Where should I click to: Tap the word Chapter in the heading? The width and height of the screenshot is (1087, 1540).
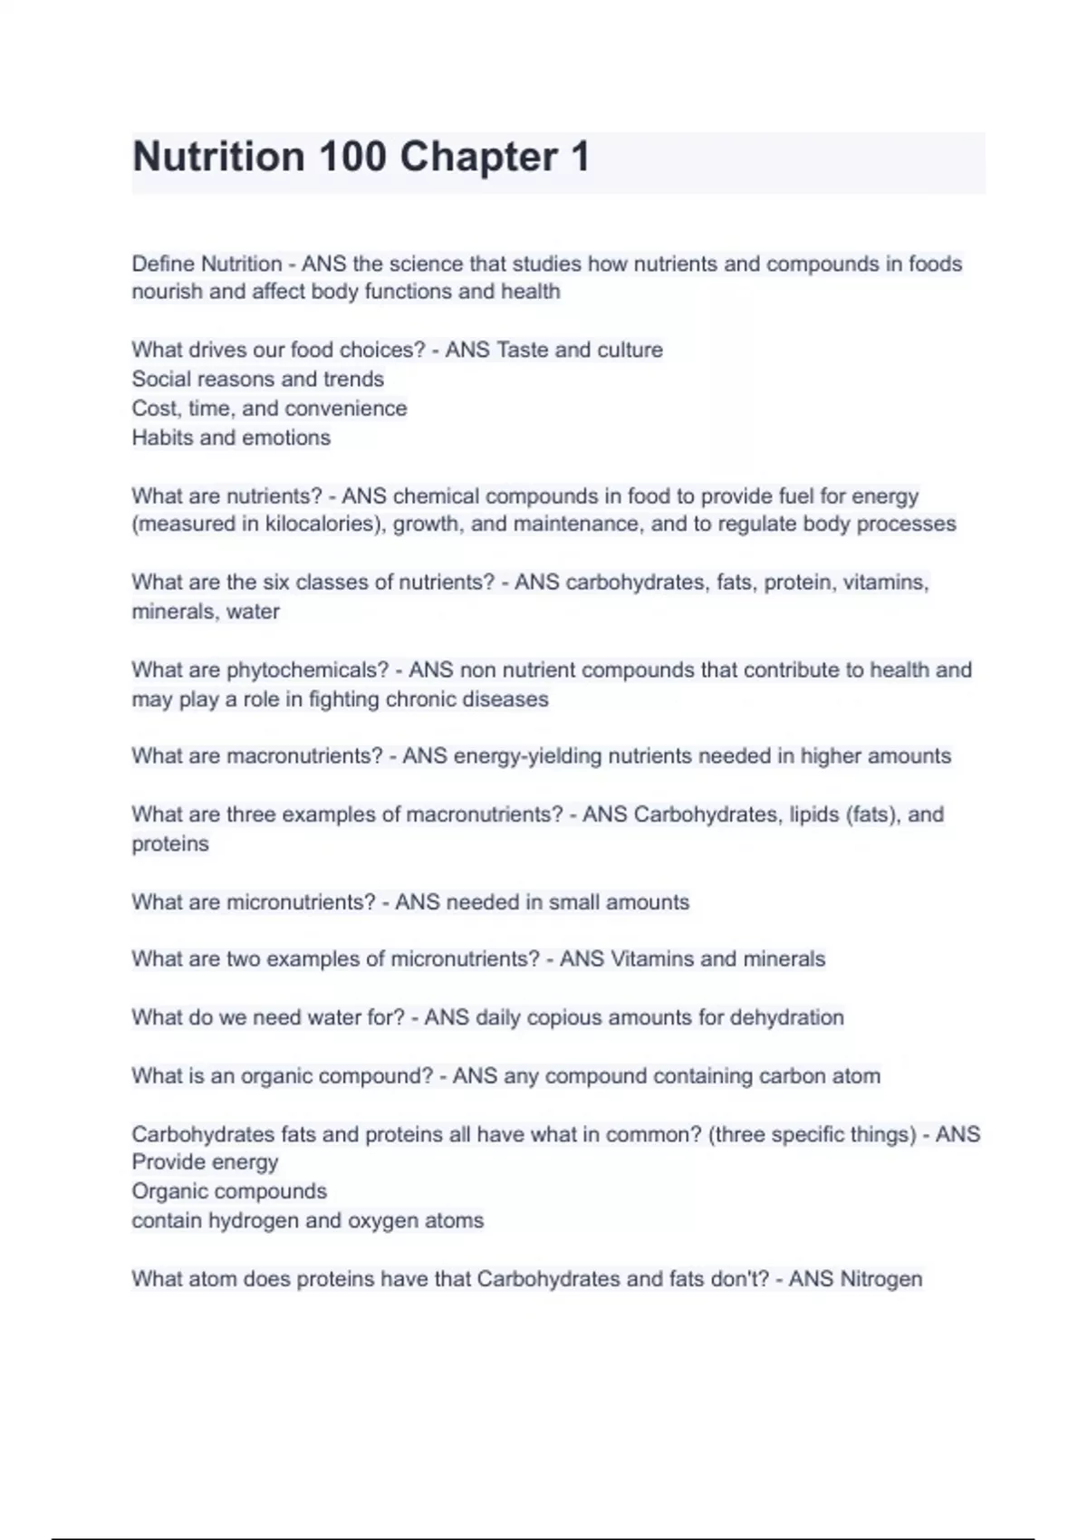pos(478,157)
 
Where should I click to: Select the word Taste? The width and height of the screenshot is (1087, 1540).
pos(522,350)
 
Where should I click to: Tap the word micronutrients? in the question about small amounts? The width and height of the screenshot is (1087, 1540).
pos(301,902)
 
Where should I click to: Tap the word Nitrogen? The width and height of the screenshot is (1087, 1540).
pos(881,1279)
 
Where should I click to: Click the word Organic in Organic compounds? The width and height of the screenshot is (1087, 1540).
pos(170,1191)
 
